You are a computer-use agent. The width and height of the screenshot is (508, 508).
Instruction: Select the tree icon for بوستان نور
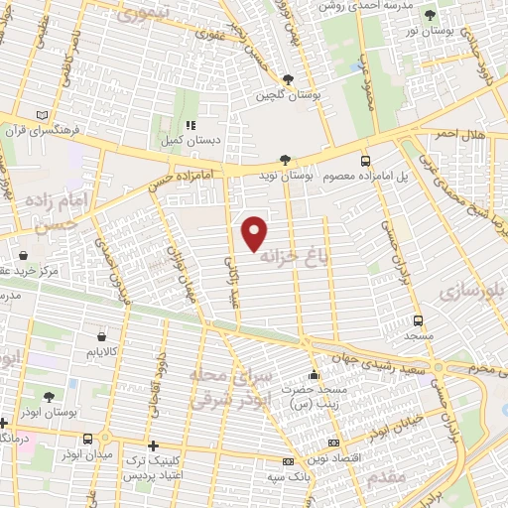429,15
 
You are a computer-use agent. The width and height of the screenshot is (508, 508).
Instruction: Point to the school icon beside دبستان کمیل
190,126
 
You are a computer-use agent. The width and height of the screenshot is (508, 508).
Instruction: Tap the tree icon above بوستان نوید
286,159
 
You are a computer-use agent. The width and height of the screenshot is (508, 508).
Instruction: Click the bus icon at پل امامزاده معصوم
365,160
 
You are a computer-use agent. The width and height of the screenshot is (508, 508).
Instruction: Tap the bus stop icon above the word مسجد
418,320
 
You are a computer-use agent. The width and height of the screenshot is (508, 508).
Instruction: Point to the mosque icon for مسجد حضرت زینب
315,375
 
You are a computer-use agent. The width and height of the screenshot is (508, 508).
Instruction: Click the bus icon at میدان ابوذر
89,439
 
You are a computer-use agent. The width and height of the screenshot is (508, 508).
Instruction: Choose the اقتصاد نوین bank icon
333,443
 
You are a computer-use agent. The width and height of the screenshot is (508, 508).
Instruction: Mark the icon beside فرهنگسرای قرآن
41,115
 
